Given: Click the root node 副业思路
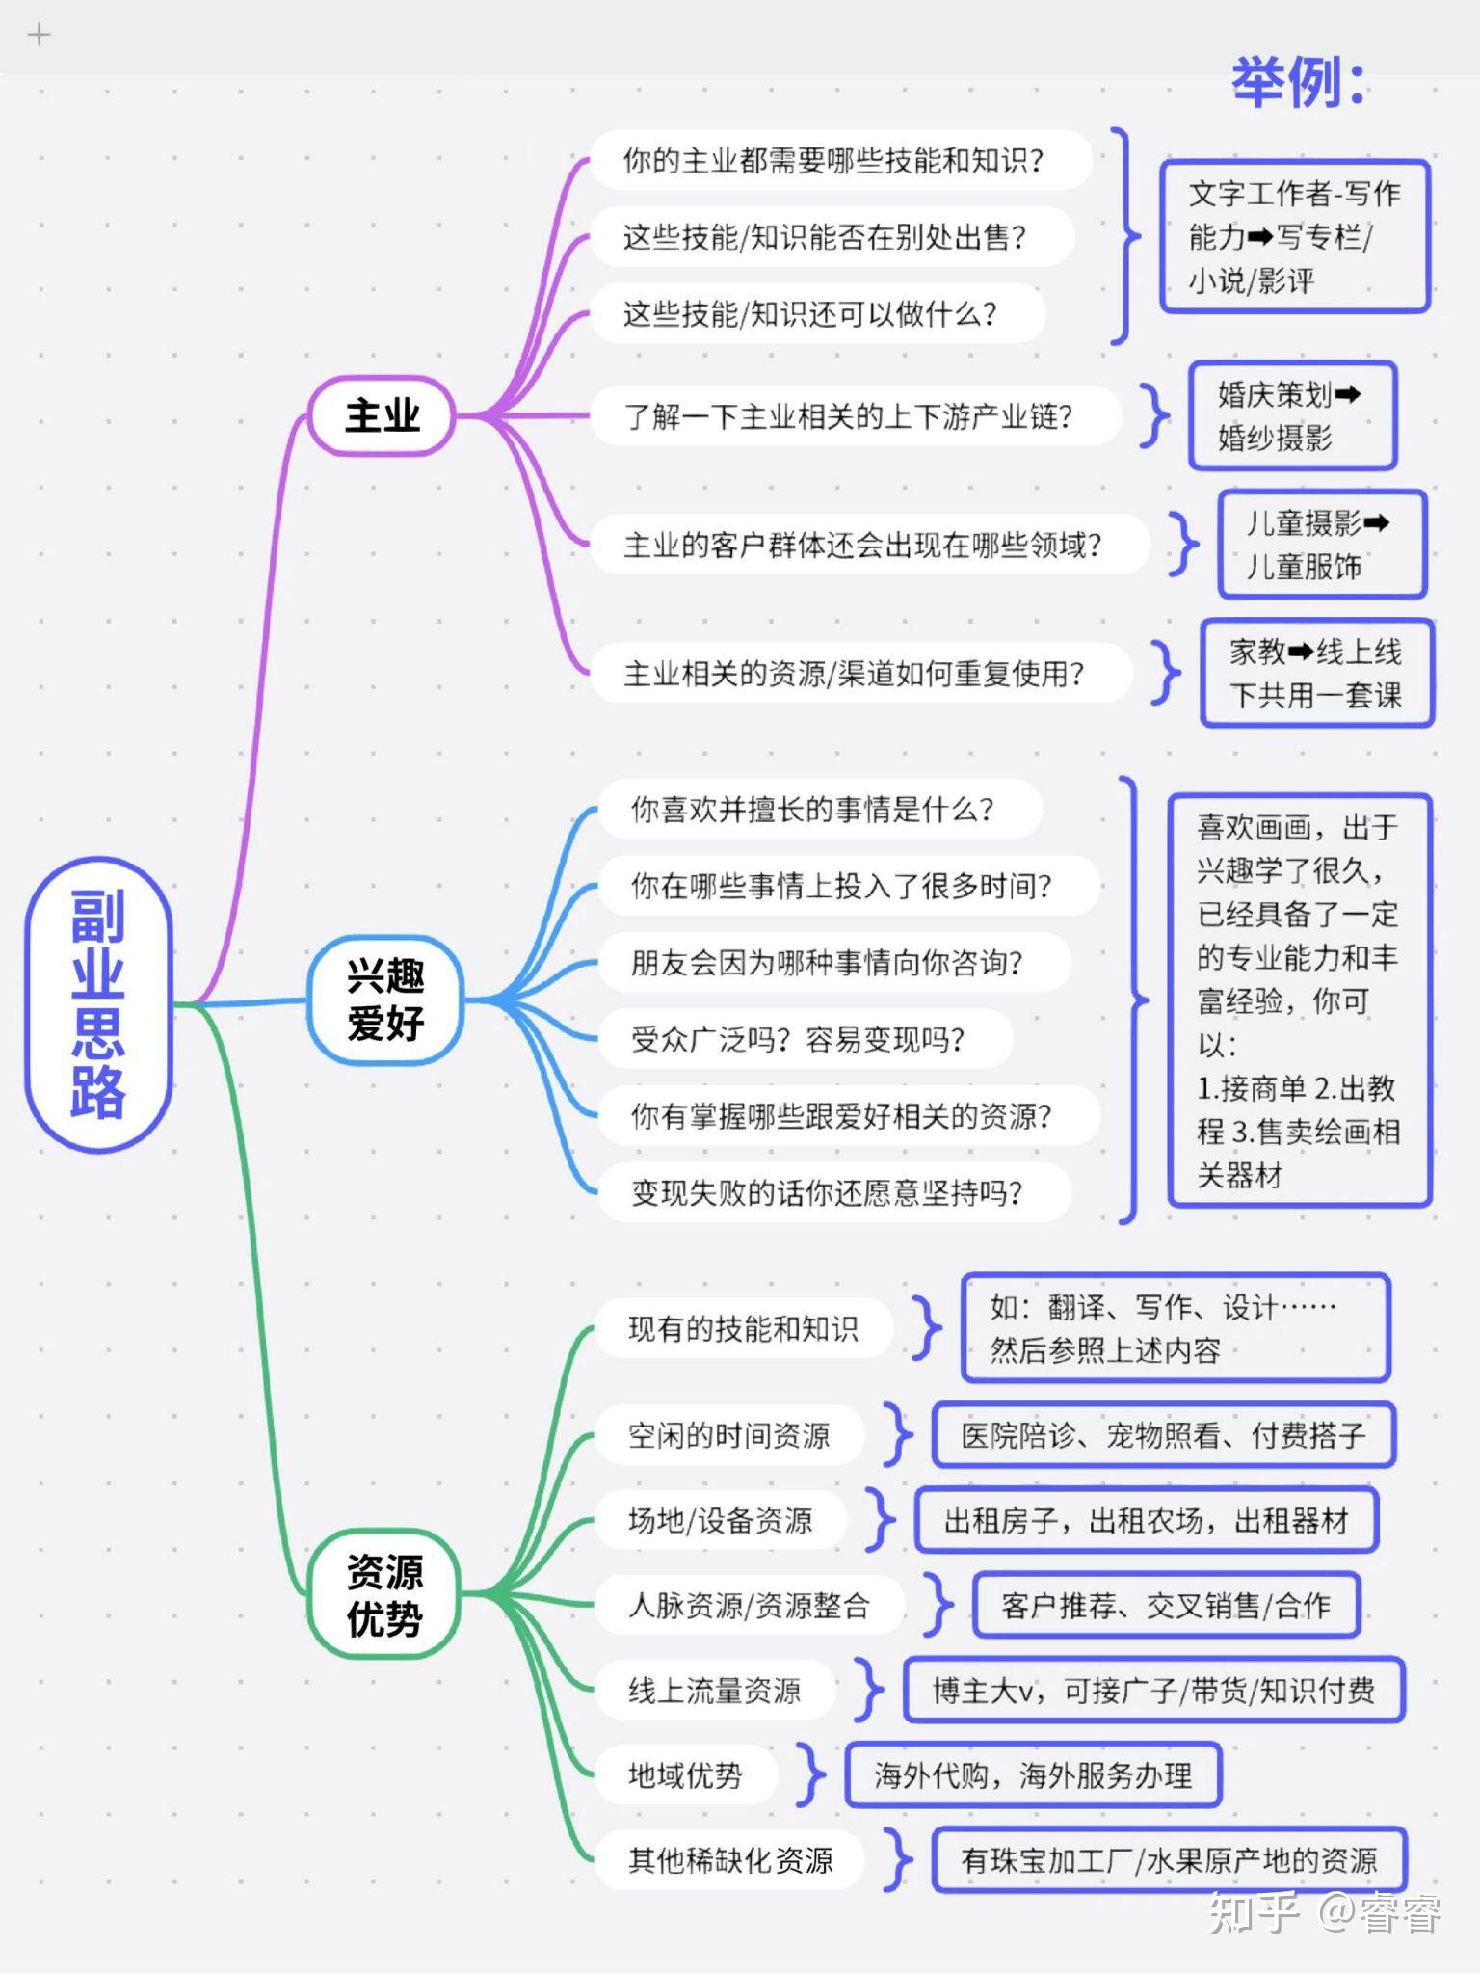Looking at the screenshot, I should [x=98, y=1004].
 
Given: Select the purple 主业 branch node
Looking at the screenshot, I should [x=382, y=415].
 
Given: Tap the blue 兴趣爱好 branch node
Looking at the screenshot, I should [x=385, y=1000].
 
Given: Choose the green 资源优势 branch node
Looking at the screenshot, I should [x=383, y=1593].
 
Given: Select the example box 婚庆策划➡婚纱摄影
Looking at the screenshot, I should [x=1291, y=416].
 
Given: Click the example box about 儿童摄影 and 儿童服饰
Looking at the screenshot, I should [x=1321, y=545].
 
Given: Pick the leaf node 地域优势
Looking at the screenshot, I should [x=685, y=1774].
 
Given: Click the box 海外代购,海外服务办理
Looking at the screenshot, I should [x=1033, y=1774].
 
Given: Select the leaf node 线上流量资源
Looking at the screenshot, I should [x=714, y=1690].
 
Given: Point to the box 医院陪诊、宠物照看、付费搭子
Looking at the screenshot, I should [x=1163, y=1435].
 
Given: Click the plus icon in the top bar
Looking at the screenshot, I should [x=39, y=36].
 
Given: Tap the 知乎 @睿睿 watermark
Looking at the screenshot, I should [x=1324, y=1913].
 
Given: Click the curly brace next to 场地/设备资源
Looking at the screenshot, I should [x=880, y=1520].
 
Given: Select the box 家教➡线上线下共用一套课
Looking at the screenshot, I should [x=1316, y=673].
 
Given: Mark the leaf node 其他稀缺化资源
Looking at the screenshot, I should [x=729, y=1859].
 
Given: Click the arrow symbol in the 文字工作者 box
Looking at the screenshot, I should [x=1260, y=237].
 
